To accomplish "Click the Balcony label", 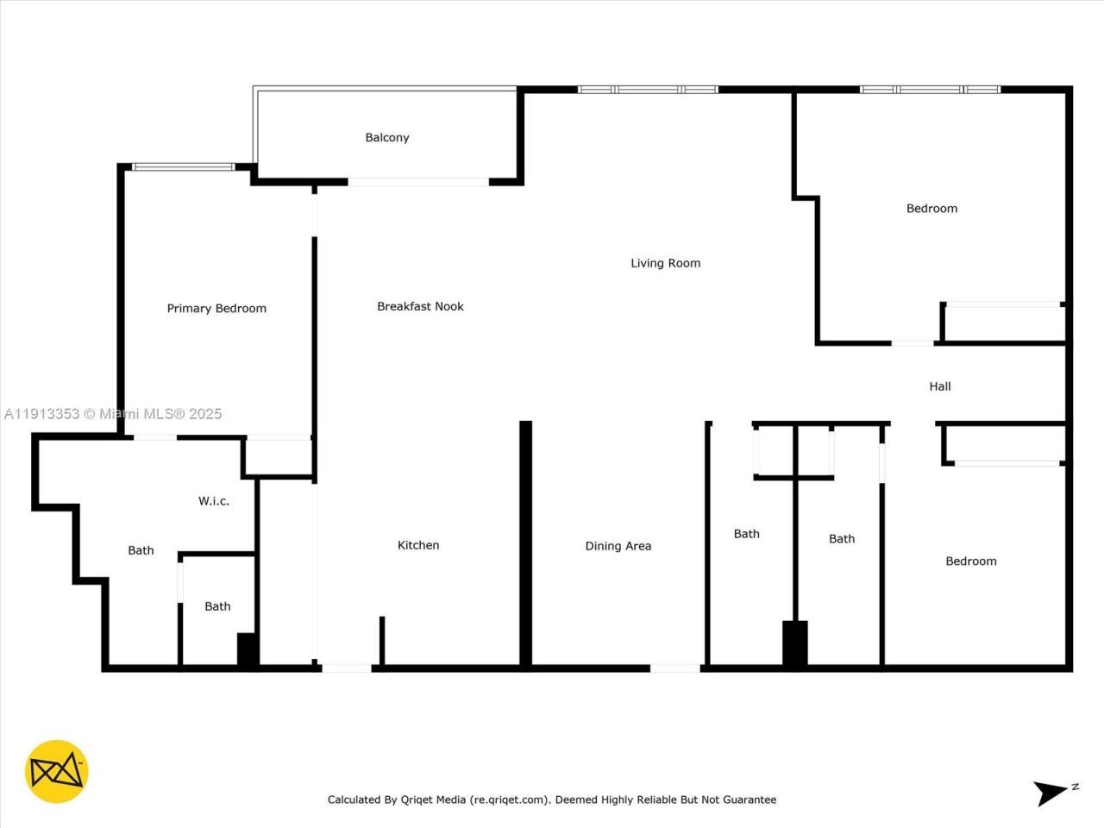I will click(386, 137).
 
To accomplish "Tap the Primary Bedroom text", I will click(216, 308).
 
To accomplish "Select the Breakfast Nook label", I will click(420, 306).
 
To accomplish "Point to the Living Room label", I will click(665, 263).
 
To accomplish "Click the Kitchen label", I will click(418, 545).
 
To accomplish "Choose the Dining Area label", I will click(618, 546).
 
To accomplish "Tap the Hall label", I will click(940, 386).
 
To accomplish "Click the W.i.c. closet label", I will click(214, 500).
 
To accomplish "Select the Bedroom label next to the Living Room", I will click(931, 208).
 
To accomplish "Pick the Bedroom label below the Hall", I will click(970, 561).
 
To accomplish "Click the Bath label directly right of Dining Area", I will click(746, 534).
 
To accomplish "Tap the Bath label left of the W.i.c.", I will click(141, 550).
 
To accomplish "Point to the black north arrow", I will click(1051, 792).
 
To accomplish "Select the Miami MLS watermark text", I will click(160, 414).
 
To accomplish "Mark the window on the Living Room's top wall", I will click(647, 90).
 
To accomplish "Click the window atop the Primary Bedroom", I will click(182, 166).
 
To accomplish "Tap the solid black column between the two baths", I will click(794, 643).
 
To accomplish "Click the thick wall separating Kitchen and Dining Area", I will click(525, 543).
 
